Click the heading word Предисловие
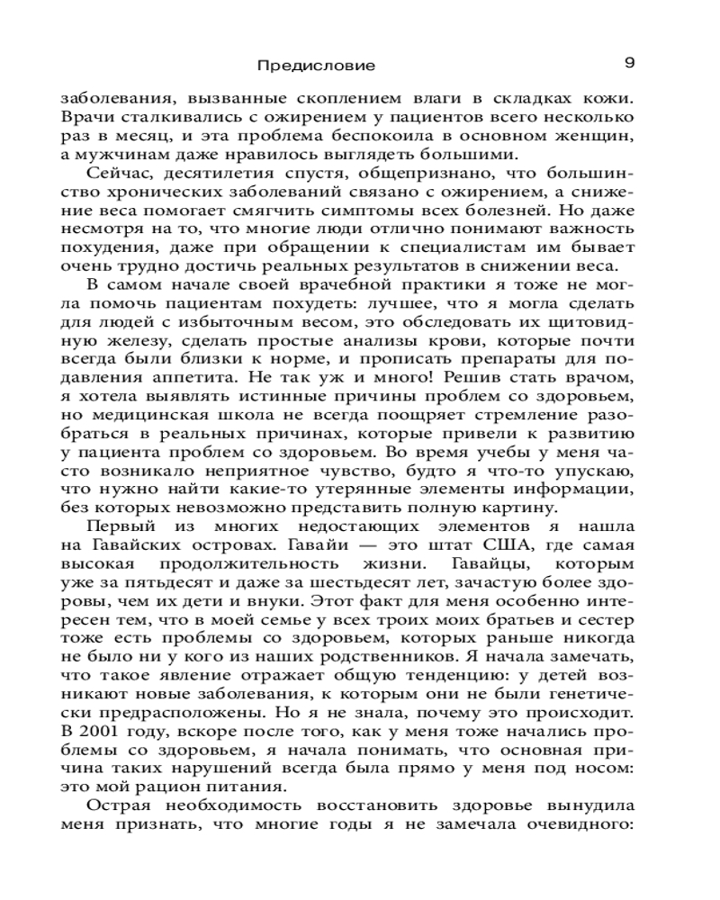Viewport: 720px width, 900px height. click(x=315, y=65)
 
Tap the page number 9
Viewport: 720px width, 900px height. click(x=629, y=63)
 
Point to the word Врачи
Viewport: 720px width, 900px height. click(x=85, y=117)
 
